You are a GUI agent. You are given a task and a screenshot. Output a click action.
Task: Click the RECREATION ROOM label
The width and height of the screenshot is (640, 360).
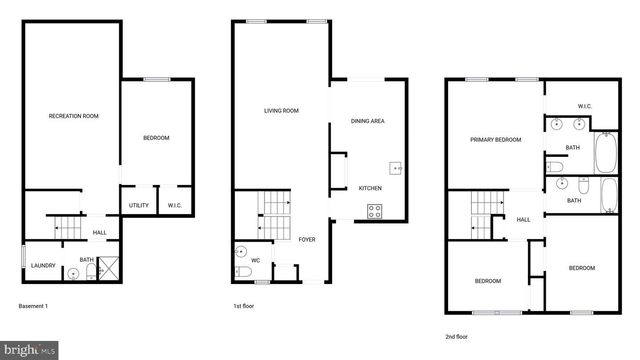point(74,116)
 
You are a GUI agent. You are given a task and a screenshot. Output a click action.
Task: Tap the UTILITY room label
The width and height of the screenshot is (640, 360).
point(139,206)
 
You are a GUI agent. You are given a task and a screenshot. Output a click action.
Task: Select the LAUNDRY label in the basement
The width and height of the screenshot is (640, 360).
point(43,265)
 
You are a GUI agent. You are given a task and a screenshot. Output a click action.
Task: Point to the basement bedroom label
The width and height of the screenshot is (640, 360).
point(155,138)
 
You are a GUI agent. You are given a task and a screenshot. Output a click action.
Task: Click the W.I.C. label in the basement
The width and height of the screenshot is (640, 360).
point(174,206)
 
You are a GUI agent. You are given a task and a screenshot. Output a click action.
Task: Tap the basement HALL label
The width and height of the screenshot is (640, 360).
point(100,233)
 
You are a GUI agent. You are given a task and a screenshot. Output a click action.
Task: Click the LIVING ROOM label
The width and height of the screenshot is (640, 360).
point(282,111)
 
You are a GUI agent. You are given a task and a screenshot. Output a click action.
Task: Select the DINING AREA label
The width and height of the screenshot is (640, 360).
point(368,121)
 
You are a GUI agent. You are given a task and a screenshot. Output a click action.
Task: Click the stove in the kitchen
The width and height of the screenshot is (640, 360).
point(374,211)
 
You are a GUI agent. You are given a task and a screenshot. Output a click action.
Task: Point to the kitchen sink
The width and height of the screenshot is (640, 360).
point(396,168)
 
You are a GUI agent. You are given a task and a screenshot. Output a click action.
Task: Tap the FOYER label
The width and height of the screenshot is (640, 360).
point(307,239)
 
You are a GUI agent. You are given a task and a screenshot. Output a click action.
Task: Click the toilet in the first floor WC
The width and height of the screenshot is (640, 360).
point(242,271)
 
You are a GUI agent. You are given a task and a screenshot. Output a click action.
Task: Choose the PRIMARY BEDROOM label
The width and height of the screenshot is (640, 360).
point(496,140)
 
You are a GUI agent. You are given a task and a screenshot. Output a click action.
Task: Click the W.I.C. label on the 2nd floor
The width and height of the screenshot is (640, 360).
point(586,107)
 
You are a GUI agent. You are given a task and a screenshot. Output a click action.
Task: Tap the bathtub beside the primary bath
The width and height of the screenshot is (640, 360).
point(607,154)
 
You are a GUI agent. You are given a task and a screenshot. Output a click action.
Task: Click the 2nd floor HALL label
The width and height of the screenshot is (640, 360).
point(523,220)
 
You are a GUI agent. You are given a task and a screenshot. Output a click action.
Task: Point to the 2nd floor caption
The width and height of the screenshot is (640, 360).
point(459,337)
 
